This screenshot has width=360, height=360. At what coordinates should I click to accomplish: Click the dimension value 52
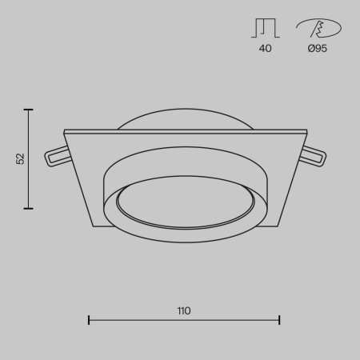point(21,159)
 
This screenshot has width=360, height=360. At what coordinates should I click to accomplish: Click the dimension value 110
point(185,310)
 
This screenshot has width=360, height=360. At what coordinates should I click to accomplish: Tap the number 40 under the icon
point(266,49)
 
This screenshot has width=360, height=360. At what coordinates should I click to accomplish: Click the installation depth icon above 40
point(265,29)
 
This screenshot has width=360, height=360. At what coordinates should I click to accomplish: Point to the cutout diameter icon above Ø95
point(318,29)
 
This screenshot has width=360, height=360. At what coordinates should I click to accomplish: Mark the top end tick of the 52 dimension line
point(30,110)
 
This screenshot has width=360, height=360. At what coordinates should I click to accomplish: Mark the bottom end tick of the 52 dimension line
point(30,209)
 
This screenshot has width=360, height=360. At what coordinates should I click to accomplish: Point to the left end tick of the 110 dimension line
point(88,320)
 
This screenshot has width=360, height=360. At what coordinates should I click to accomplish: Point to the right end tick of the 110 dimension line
point(279,320)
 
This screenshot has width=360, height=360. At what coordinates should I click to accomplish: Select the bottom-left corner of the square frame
point(95,228)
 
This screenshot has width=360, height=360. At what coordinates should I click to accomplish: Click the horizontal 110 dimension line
point(144,320)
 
